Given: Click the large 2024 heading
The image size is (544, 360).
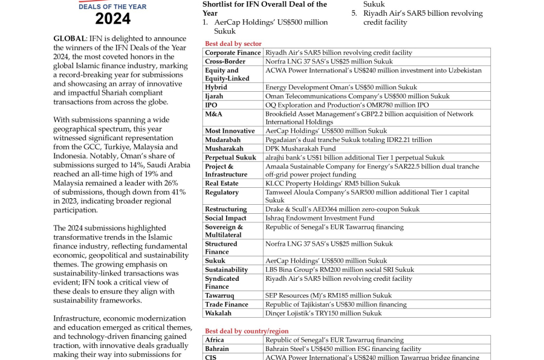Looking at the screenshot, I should [112, 19].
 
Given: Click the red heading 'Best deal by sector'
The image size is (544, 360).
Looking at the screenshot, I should [233, 43].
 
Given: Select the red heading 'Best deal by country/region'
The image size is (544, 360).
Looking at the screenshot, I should [247, 331].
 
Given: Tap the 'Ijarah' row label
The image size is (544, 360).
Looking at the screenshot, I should [214, 96].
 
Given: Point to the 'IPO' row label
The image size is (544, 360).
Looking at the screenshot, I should [211, 105].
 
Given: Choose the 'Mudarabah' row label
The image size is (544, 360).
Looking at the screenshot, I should [222, 140].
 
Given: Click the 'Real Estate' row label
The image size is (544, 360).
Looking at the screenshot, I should [221, 183].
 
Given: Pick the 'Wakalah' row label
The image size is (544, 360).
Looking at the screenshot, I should [218, 313].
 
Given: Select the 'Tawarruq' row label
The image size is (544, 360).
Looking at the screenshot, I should [219, 296].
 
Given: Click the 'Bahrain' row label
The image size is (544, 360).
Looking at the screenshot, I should [217, 349].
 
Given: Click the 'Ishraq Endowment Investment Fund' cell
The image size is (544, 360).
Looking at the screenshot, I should [320, 218].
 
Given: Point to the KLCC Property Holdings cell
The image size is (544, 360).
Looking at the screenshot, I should [332, 183].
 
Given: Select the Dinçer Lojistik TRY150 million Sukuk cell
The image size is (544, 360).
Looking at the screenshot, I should [323, 313].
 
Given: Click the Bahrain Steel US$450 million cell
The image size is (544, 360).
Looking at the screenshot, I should [343, 349].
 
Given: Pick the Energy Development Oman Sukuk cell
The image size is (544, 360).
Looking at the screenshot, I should [341, 88].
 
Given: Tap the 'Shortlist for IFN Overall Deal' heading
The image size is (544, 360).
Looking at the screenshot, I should [265, 4].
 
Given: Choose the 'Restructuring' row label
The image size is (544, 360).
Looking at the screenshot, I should [225, 210].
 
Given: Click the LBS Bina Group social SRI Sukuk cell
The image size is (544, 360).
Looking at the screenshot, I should [340, 270].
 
